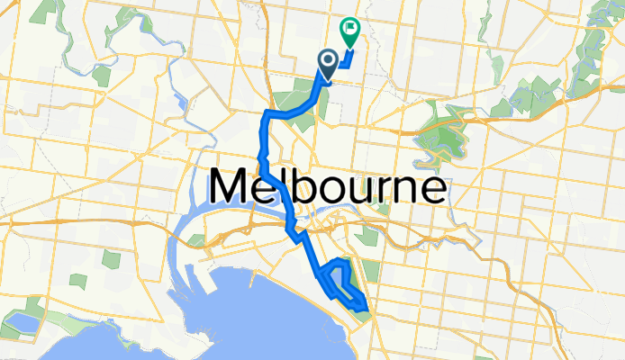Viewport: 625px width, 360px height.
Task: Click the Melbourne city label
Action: pyautogui.click(x=328, y=188)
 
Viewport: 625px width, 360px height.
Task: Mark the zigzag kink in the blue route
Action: pyautogui.click(x=292, y=233)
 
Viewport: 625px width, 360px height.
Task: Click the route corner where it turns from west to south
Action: pyautogui.click(x=267, y=113)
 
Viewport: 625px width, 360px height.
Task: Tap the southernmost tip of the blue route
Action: pyautogui.click(x=366, y=310)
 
